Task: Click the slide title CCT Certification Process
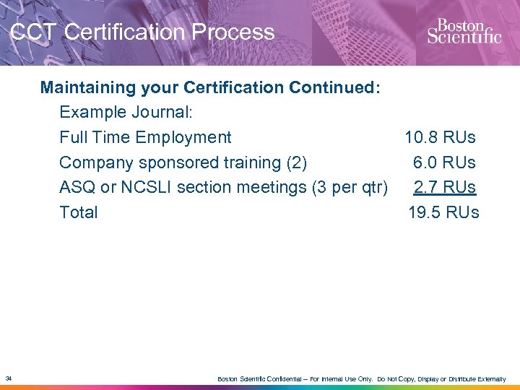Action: [x=142, y=32]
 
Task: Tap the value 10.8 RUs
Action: [x=440, y=137]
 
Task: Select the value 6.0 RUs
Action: [x=444, y=162]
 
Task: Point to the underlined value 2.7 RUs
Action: [x=444, y=187]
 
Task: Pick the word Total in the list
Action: [x=78, y=212]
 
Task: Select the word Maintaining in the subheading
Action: [x=87, y=87]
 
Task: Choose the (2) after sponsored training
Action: [x=297, y=162]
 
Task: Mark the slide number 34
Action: [x=8, y=378]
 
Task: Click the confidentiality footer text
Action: [x=361, y=379]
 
